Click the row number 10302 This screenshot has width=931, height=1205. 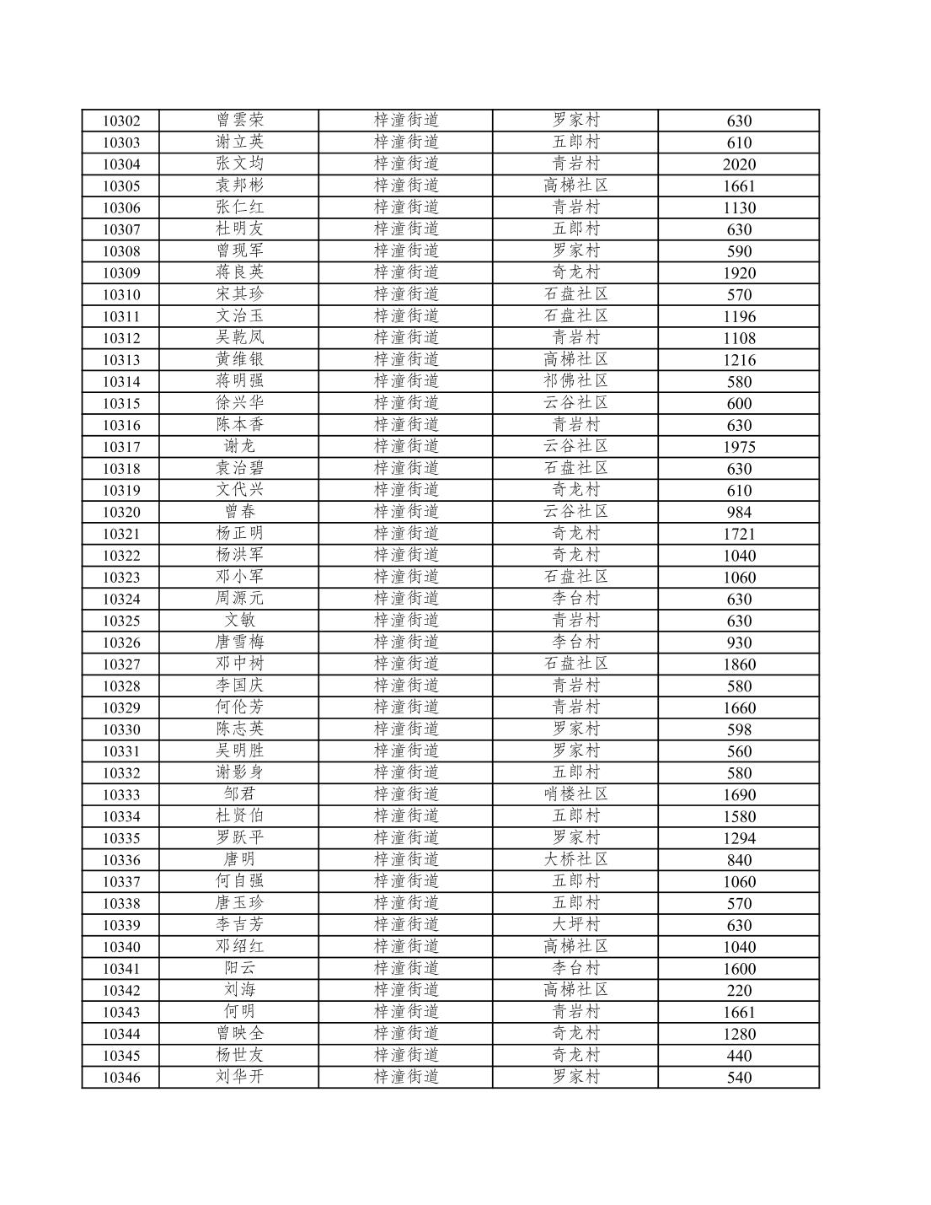coord(121,121)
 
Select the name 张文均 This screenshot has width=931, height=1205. coord(239,164)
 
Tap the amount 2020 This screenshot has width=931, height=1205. coord(739,164)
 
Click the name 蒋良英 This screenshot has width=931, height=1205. coord(239,272)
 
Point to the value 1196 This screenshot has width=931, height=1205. coord(739,316)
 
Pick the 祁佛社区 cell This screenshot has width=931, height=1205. coord(575,381)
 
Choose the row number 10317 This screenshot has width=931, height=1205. coord(121,447)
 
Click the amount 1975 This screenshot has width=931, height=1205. coord(739,447)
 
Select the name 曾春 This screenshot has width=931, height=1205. coord(239,512)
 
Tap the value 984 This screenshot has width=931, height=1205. coord(739,512)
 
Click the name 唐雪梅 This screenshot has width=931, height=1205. coord(239,643)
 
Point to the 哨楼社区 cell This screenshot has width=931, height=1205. coord(575,794)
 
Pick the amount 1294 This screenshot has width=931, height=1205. coord(739,838)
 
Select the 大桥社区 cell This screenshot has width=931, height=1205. coord(575,860)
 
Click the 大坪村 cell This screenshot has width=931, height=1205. coord(575,925)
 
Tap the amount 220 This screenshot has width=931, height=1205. coord(739,991)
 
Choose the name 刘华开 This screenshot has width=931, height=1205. coord(239,1077)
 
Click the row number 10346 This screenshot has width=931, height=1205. coord(121,1078)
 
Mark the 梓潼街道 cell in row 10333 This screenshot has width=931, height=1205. coord(406,794)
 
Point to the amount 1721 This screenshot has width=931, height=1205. coord(739,534)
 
